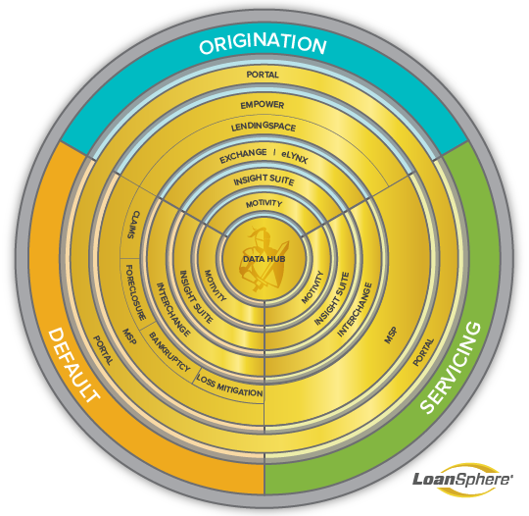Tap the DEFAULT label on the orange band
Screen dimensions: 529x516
pyautogui.click(x=74, y=366)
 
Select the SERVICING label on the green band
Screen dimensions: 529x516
pyautogui.click(x=451, y=368)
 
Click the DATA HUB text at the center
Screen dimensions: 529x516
pyautogui.click(x=264, y=259)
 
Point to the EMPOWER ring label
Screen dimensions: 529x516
pyautogui.click(x=263, y=105)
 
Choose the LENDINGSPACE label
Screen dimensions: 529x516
pyautogui.click(x=264, y=127)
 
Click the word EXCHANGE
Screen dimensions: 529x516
pyautogui.click(x=243, y=156)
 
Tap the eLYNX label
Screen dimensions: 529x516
pyautogui.click(x=295, y=157)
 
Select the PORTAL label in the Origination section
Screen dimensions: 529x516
pyautogui.click(x=263, y=75)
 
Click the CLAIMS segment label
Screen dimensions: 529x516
pyautogui.click(x=133, y=225)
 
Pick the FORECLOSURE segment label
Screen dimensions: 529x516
pyautogui.click(x=136, y=292)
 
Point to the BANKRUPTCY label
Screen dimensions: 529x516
pyautogui.click(x=169, y=352)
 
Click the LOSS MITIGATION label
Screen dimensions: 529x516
pyautogui.click(x=229, y=386)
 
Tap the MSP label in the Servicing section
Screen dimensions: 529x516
pyautogui.click(x=391, y=335)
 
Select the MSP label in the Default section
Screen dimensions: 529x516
pyautogui.click(x=129, y=336)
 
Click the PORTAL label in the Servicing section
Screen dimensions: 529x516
pyautogui.click(x=423, y=352)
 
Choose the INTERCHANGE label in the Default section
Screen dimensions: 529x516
pyautogui.click(x=173, y=310)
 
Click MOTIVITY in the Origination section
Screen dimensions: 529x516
pyautogui.click(x=264, y=203)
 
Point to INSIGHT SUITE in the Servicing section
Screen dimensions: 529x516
pyautogui.click(x=332, y=299)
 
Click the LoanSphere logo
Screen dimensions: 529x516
pyautogui.click(x=462, y=479)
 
